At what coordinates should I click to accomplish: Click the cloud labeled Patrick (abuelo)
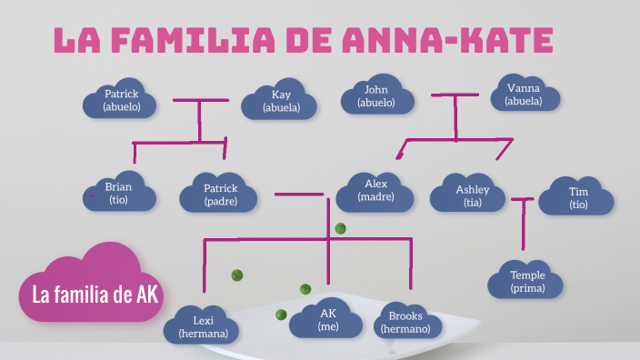click(x=120, y=101)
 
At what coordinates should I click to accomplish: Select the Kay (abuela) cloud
click(x=280, y=102)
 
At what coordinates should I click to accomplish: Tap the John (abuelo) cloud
click(x=375, y=97)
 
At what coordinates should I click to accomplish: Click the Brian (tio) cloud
click(x=118, y=194)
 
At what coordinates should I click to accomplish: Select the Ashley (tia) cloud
click(x=472, y=194)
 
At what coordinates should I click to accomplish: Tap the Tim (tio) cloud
click(x=578, y=197)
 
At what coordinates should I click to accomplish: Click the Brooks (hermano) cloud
click(x=405, y=322)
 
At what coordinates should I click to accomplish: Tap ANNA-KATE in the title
click(x=448, y=40)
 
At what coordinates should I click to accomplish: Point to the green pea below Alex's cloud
click(x=340, y=228)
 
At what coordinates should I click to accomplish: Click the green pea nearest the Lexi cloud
click(x=237, y=275)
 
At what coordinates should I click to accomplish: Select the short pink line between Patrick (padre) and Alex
click(x=299, y=194)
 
